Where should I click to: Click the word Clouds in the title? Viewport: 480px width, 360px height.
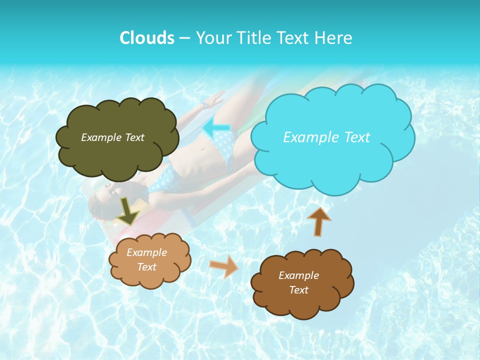[147, 38]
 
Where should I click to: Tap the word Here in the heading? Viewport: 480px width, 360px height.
[334, 38]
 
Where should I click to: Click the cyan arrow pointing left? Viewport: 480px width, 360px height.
[216, 127]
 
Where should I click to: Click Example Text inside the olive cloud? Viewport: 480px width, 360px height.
[112, 137]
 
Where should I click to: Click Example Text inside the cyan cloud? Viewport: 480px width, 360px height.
[326, 137]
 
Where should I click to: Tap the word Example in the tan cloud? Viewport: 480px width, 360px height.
[146, 253]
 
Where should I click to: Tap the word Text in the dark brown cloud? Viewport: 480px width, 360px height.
[298, 290]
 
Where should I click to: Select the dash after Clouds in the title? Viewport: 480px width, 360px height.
[184, 38]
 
